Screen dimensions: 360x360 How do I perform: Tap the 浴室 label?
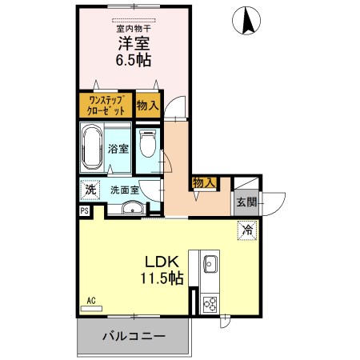(x=118, y=147)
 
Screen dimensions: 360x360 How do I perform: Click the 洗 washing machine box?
(x=90, y=190)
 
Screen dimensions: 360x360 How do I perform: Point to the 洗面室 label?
(x=125, y=190)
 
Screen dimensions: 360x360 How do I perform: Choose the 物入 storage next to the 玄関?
(x=204, y=183)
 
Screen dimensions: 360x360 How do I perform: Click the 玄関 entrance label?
(x=246, y=202)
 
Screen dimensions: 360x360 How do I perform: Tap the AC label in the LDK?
(x=91, y=301)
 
